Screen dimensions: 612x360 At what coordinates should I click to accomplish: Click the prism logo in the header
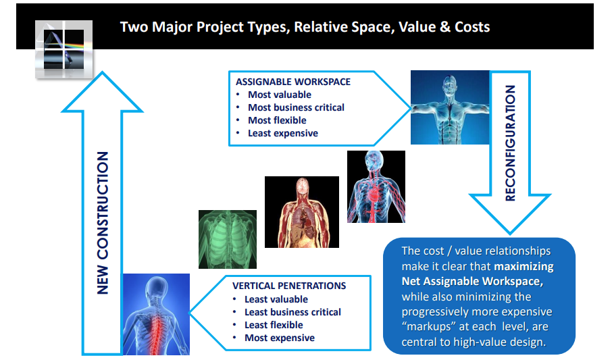tap(63, 49)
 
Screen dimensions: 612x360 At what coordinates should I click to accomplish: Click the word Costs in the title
tap(472, 27)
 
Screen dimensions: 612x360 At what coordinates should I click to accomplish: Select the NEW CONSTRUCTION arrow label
tap(103, 223)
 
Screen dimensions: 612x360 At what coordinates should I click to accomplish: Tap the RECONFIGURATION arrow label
tap(510, 143)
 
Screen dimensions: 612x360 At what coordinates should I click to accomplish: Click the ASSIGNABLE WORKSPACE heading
tap(293, 82)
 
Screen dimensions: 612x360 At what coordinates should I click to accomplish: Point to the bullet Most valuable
tap(280, 95)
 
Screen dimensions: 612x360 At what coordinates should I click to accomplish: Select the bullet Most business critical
tap(297, 107)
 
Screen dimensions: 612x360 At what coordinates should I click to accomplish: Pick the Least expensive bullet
tap(283, 133)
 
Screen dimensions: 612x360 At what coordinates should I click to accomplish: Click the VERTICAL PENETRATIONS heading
tap(289, 286)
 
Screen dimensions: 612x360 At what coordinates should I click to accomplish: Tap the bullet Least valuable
tap(276, 299)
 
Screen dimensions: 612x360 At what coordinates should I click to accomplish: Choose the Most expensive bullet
tap(280, 338)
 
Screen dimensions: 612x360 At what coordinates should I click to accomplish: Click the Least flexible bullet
tap(274, 325)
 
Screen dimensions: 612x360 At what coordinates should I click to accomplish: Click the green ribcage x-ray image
tap(228, 239)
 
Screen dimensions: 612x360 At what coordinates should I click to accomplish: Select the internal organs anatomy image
tap(302, 212)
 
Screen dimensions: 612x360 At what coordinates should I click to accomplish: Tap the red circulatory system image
tap(376, 186)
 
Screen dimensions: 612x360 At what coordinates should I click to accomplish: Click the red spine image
tap(156, 314)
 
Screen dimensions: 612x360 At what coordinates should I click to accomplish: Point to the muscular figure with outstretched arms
tap(450, 107)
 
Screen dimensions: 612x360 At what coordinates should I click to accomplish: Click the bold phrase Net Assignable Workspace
tap(472, 281)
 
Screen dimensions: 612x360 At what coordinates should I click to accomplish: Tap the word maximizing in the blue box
tap(524, 267)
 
